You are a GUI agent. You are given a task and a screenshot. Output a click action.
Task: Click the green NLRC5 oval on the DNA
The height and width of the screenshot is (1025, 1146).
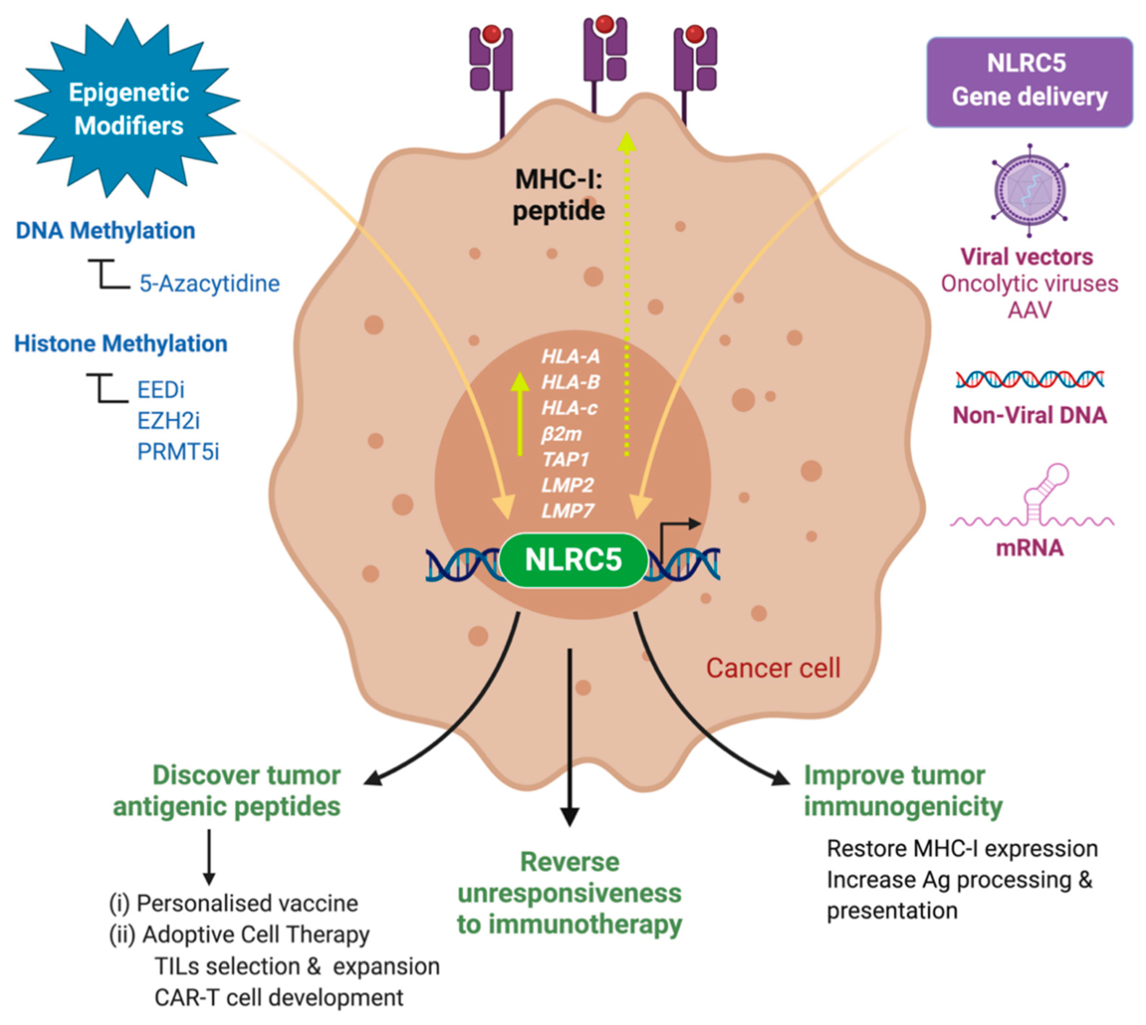(x=573, y=560)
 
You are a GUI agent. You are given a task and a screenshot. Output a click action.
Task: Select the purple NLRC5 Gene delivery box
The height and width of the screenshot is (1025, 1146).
(x=1030, y=82)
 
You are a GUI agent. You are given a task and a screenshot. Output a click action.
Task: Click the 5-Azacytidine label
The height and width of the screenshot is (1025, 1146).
(x=209, y=283)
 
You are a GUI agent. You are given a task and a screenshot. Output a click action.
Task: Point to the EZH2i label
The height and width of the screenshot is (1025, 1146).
(x=168, y=420)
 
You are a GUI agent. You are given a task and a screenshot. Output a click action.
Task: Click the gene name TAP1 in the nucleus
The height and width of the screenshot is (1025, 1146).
(x=565, y=460)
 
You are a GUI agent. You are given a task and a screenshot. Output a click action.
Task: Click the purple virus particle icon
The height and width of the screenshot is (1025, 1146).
(x=1030, y=190)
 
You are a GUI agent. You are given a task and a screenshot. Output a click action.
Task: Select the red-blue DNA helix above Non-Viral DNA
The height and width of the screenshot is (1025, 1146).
(x=1030, y=380)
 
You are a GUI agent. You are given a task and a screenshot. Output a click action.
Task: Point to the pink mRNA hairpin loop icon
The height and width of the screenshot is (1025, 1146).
(x=1032, y=496)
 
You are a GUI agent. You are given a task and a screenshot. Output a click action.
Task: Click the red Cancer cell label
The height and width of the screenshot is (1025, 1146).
(x=773, y=668)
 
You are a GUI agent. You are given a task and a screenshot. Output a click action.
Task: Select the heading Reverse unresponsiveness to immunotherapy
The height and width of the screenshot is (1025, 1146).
(x=569, y=893)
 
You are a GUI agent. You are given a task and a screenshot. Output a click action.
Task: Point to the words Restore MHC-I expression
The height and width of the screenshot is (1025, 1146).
(x=962, y=848)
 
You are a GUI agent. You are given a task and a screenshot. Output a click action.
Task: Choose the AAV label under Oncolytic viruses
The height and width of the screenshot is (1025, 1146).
(x=1030, y=310)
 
